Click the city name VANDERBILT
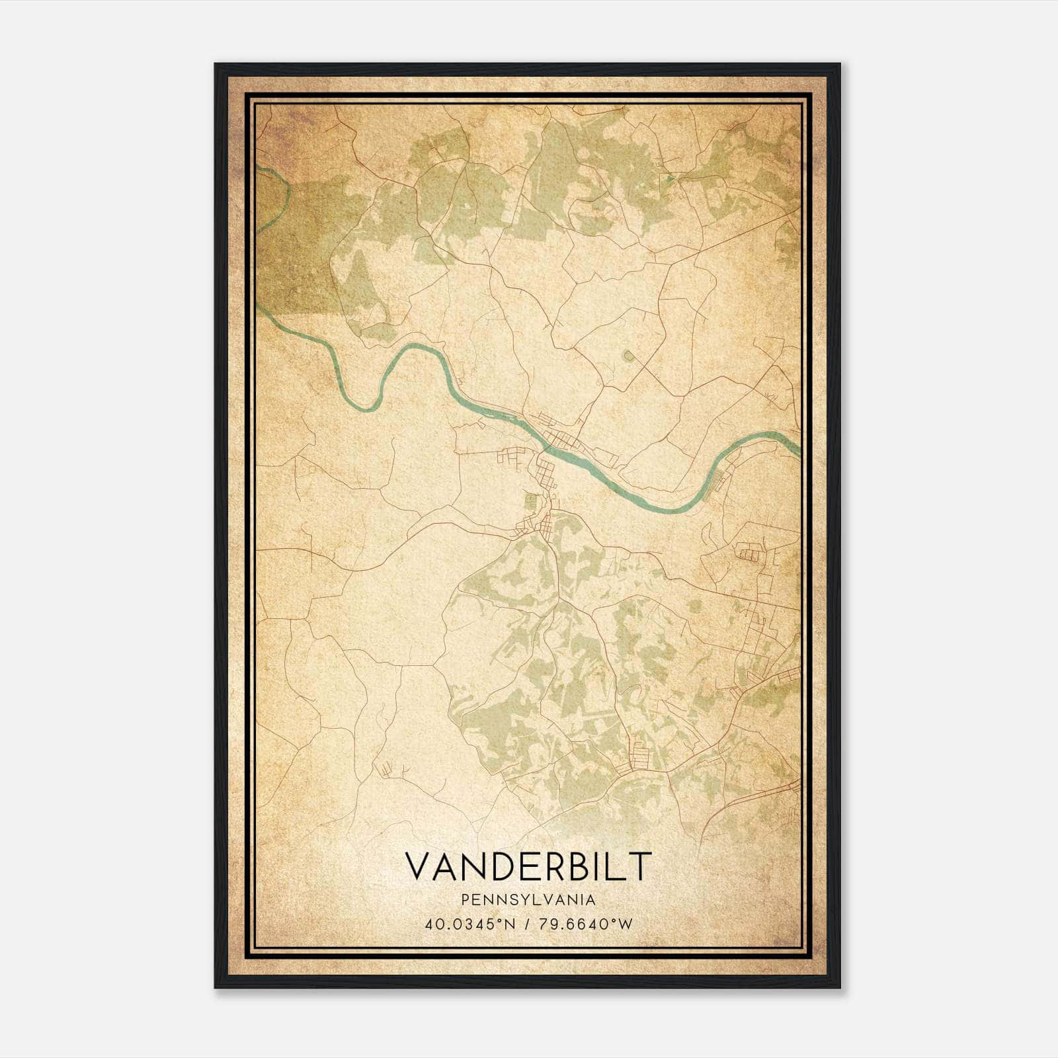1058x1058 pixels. point(528,866)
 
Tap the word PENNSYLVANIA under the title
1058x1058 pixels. point(528,900)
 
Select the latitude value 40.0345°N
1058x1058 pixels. point(470,924)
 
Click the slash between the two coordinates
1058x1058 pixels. point(526,924)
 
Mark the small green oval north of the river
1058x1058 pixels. point(628,357)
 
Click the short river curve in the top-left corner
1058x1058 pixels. point(284,192)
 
